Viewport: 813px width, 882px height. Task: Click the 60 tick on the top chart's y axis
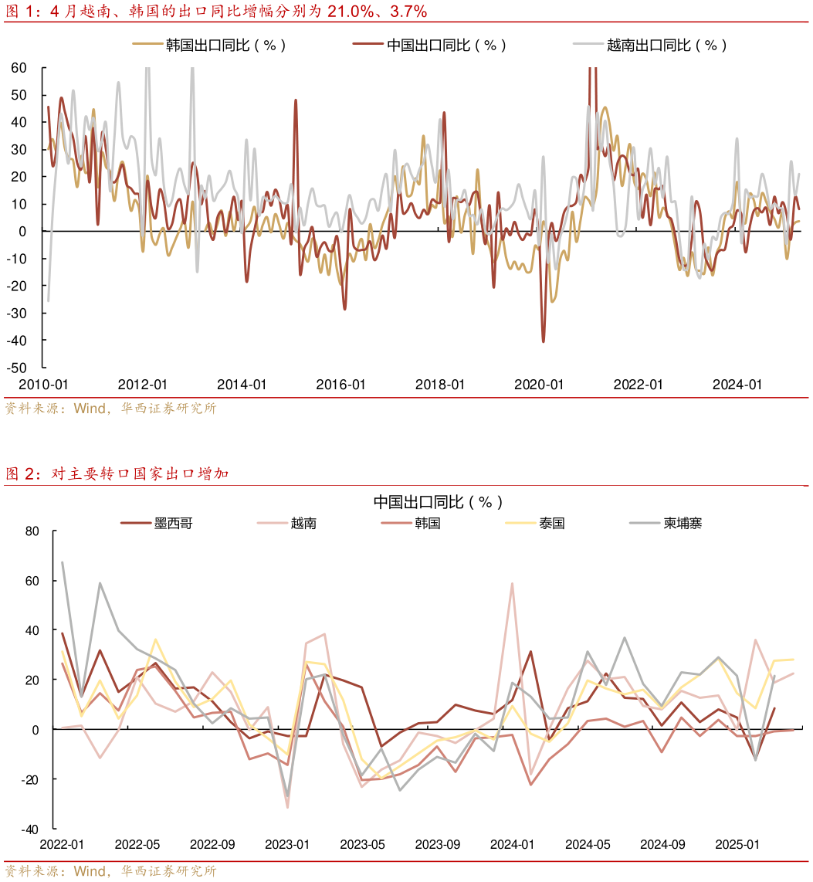point(19,68)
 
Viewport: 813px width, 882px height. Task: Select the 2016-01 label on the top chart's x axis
point(340,385)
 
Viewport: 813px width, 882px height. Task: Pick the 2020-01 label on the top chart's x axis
point(539,385)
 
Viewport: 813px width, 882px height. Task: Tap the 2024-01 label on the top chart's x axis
point(737,385)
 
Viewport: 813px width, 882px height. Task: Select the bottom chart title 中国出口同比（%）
point(438,502)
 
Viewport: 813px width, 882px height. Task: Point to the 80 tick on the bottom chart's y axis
point(32,531)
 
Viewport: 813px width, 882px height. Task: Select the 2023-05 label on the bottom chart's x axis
point(363,845)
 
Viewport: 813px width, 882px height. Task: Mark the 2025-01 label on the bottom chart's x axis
point(737,845)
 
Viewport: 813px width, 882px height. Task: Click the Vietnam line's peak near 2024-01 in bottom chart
point(512,583)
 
